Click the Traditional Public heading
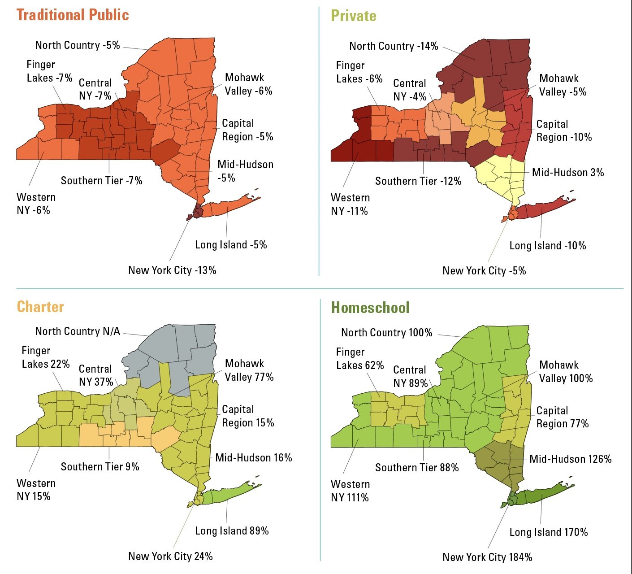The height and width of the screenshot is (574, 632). coord(73,15)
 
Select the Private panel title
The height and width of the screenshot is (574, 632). coord(353,16)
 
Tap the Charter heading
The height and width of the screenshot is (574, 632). coord(40,307)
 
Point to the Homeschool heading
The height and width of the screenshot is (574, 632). coord(370,308)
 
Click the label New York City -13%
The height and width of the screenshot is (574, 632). coord(172,270)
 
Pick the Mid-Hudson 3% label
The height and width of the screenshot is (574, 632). coord(567,173)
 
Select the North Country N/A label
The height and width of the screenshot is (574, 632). coord(78,331)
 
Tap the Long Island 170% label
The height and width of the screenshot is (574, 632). coord(548,532)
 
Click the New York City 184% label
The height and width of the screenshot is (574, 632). coord(487,557)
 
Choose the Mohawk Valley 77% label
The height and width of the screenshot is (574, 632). coord(249,370)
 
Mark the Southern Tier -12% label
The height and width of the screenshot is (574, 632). coord(418,181)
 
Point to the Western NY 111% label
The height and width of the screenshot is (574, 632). coord(350,491)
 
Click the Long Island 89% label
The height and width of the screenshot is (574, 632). coord(232,531)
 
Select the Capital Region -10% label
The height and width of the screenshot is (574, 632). coord(563,130)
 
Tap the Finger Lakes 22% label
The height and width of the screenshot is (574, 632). coord(46,357)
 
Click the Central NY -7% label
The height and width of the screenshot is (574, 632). coord(95,89)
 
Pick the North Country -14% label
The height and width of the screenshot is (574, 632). coord(394,46)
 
